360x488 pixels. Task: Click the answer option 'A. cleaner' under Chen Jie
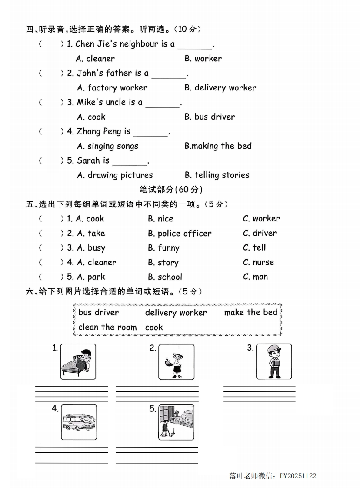pos(96,59)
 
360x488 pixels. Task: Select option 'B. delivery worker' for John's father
pos(220,88)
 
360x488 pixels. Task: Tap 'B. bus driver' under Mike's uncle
pos(210,117)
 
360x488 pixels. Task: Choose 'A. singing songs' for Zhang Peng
pos(108,146)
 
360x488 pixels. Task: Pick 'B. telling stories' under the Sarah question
pos(217,175)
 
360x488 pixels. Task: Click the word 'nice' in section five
pos(160,219)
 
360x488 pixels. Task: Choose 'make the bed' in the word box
pos(250,312)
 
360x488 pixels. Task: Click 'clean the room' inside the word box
pos(107,327)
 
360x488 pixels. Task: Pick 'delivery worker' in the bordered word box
pos(176,313)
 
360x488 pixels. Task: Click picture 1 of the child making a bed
pos(78,361)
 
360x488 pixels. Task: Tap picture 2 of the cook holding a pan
pos(176,362)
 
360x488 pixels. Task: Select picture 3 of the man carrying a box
pos(273,361)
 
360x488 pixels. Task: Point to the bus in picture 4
pos(78,422)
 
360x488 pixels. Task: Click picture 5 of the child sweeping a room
pos(176,422)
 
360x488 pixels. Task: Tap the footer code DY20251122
pos(298,476)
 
